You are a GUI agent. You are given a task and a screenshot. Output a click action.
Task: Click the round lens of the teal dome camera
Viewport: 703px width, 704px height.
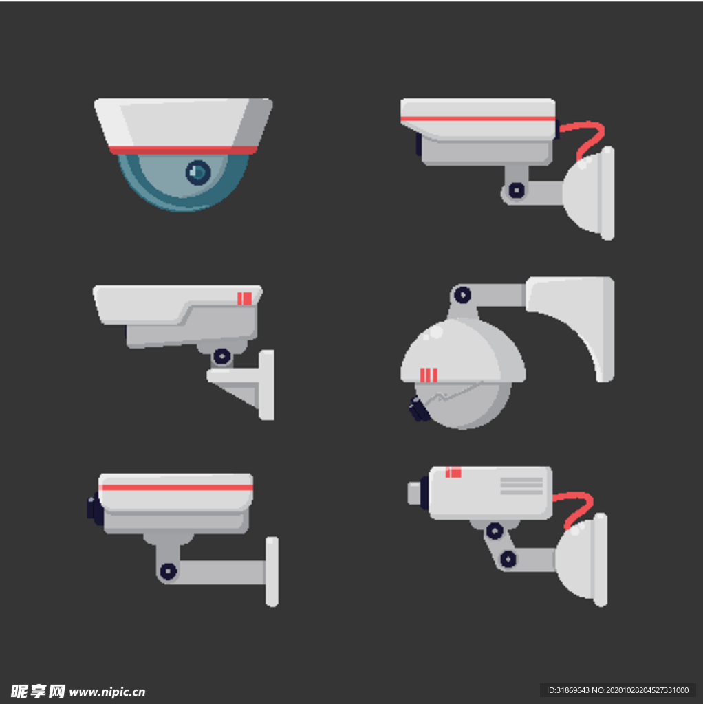tap(198, 172)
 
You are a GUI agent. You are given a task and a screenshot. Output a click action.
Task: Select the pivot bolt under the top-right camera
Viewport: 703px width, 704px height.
tap(517, 190)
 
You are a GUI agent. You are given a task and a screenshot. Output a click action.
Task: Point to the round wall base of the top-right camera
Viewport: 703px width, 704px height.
tap(589, 193)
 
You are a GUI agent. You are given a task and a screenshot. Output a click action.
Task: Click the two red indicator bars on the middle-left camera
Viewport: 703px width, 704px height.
tap(244, 298)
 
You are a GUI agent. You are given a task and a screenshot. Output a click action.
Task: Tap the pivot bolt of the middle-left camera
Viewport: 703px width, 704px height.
tap(222, 357)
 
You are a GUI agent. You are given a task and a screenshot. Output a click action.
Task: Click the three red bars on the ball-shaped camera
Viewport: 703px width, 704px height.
tap(429, 375)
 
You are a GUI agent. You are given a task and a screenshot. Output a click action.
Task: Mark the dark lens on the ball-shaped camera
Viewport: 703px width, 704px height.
tap(419, 410)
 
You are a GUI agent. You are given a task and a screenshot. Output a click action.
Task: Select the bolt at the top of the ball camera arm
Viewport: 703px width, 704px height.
tap(463, 295)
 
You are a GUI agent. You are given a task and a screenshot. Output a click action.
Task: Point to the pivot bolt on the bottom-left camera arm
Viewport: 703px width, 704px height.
tap(169, 571)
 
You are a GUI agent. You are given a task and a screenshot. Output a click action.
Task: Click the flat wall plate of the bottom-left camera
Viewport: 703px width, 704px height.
tap(272, 571)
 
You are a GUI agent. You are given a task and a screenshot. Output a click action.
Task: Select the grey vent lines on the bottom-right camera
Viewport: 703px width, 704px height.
tap(521, 486)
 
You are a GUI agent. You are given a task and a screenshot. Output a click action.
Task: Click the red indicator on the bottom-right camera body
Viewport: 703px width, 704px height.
tap(453, 472)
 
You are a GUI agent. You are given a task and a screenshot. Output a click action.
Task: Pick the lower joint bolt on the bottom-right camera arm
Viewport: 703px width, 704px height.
tap(508, 560)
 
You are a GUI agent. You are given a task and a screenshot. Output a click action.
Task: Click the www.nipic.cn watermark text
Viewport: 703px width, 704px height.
tap(107, 692)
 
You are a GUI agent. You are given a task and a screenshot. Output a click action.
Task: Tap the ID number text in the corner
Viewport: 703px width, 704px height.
tap(617, 690)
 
